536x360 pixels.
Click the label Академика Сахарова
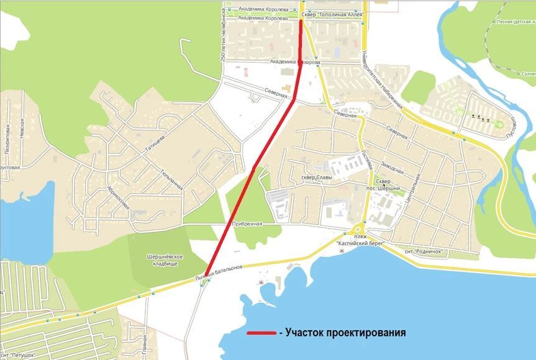click(295, 62)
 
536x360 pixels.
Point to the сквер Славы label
click(317, 178)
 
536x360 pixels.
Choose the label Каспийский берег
click(361, 244)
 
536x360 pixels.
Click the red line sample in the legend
click(261, 333)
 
